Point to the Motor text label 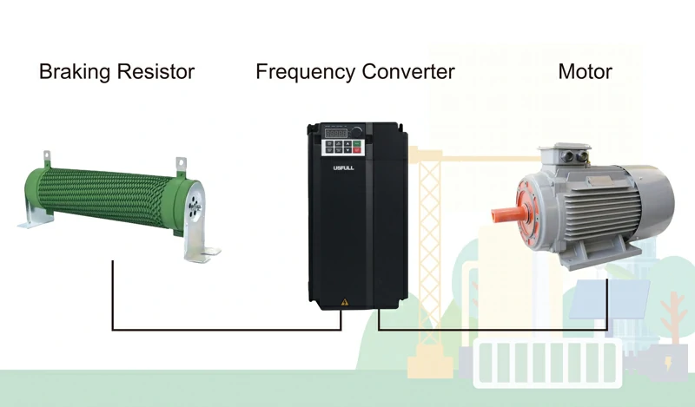pyautogui.click(x=585, y=72)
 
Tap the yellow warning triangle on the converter pyautogui.click(x=345, y=302)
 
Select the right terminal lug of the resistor pyautogui.click(x=181, y=162)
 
